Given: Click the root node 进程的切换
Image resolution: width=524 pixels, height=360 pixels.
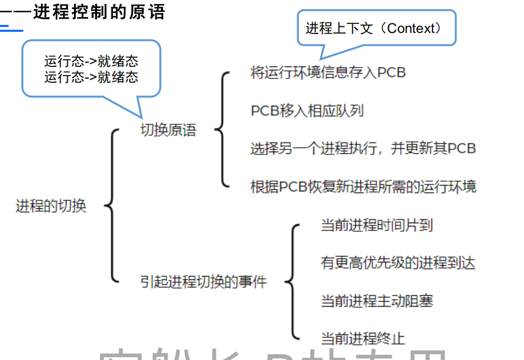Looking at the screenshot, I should tap(51, 206).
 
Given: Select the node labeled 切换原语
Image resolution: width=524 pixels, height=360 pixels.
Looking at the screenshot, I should tap(168, 130).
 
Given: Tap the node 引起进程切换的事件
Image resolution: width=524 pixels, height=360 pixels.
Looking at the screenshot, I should tap(203, 281).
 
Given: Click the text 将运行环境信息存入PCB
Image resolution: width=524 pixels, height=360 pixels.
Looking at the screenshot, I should tap(328, 73).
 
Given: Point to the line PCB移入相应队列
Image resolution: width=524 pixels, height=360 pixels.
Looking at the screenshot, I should tap(307, 110).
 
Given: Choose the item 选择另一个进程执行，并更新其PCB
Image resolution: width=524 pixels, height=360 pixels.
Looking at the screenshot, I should tap(363, 148).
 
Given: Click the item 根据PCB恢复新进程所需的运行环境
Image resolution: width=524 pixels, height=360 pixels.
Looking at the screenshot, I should tap(363, 186).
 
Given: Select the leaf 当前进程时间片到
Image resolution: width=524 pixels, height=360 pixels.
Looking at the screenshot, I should tap(377, 225).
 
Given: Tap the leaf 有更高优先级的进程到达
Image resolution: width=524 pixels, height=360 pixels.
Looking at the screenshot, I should tap(398, 262).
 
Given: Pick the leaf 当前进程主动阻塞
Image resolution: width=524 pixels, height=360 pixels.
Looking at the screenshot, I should tap(377, 300).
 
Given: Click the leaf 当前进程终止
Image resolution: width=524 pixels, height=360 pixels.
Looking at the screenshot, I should tap(363, 338).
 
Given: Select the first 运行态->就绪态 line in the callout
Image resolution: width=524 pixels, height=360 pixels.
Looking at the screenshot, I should tap(91, 61).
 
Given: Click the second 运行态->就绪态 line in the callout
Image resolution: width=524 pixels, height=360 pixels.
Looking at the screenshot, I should tap(91, 77).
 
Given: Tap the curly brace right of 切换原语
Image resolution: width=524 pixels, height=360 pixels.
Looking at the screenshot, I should tap(222, 129).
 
